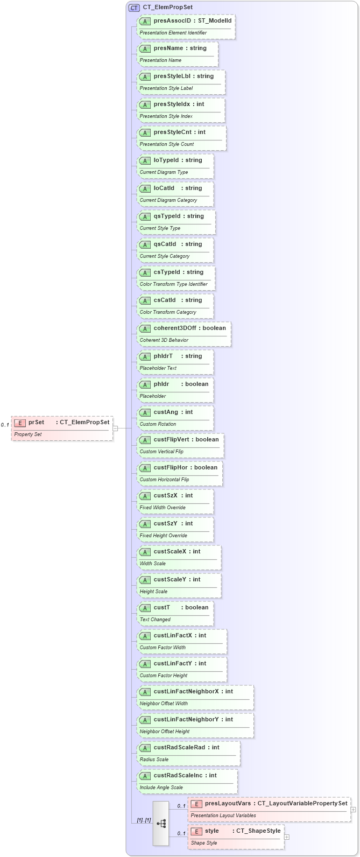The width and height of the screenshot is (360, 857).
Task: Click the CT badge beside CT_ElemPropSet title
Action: tap(134, 8)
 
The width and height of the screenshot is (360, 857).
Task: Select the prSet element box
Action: tap(62, 428)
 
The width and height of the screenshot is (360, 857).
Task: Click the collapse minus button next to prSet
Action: tap(115, 428)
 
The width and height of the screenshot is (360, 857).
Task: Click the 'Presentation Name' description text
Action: tap(160, 60)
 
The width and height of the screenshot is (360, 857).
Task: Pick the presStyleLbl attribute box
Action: tap(181, 82)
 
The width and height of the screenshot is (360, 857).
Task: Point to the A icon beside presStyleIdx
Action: tap(145, 104)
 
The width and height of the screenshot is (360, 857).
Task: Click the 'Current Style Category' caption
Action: tap(165, 256)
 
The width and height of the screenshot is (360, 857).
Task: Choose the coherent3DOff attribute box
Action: tap(184, 334)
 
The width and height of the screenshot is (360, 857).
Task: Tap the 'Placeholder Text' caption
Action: tap(158, 368)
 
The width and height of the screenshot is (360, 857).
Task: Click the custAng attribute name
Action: tap(166, 412)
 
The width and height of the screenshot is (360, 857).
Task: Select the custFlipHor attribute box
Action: tap(180, 473)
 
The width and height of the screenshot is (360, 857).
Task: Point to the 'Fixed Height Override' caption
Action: tap(163, 536)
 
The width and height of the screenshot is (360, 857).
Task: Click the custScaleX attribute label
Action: tap(170, 552)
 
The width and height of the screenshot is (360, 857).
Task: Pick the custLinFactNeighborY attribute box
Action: tap(195, 725)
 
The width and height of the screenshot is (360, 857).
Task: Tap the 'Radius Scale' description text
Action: tap(154, 760)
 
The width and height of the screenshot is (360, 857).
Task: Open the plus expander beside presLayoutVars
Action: tap(354, 809)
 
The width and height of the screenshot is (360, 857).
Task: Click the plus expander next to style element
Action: tap(287, 837)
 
